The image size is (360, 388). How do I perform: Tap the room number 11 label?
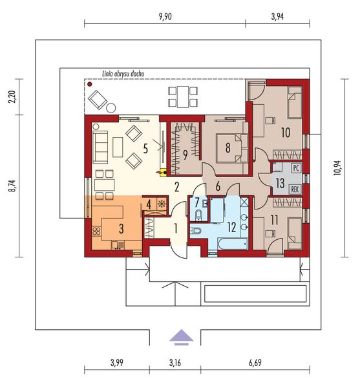pos(274,220)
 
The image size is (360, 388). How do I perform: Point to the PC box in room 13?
pos(295,168)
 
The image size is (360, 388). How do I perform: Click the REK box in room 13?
pos(295,189)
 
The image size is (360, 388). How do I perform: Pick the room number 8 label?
pos(228,147)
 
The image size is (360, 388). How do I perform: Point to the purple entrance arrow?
pos(182,335)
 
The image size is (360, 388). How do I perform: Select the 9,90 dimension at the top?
pos(164,17)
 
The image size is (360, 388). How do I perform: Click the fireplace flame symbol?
pos(162,173)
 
